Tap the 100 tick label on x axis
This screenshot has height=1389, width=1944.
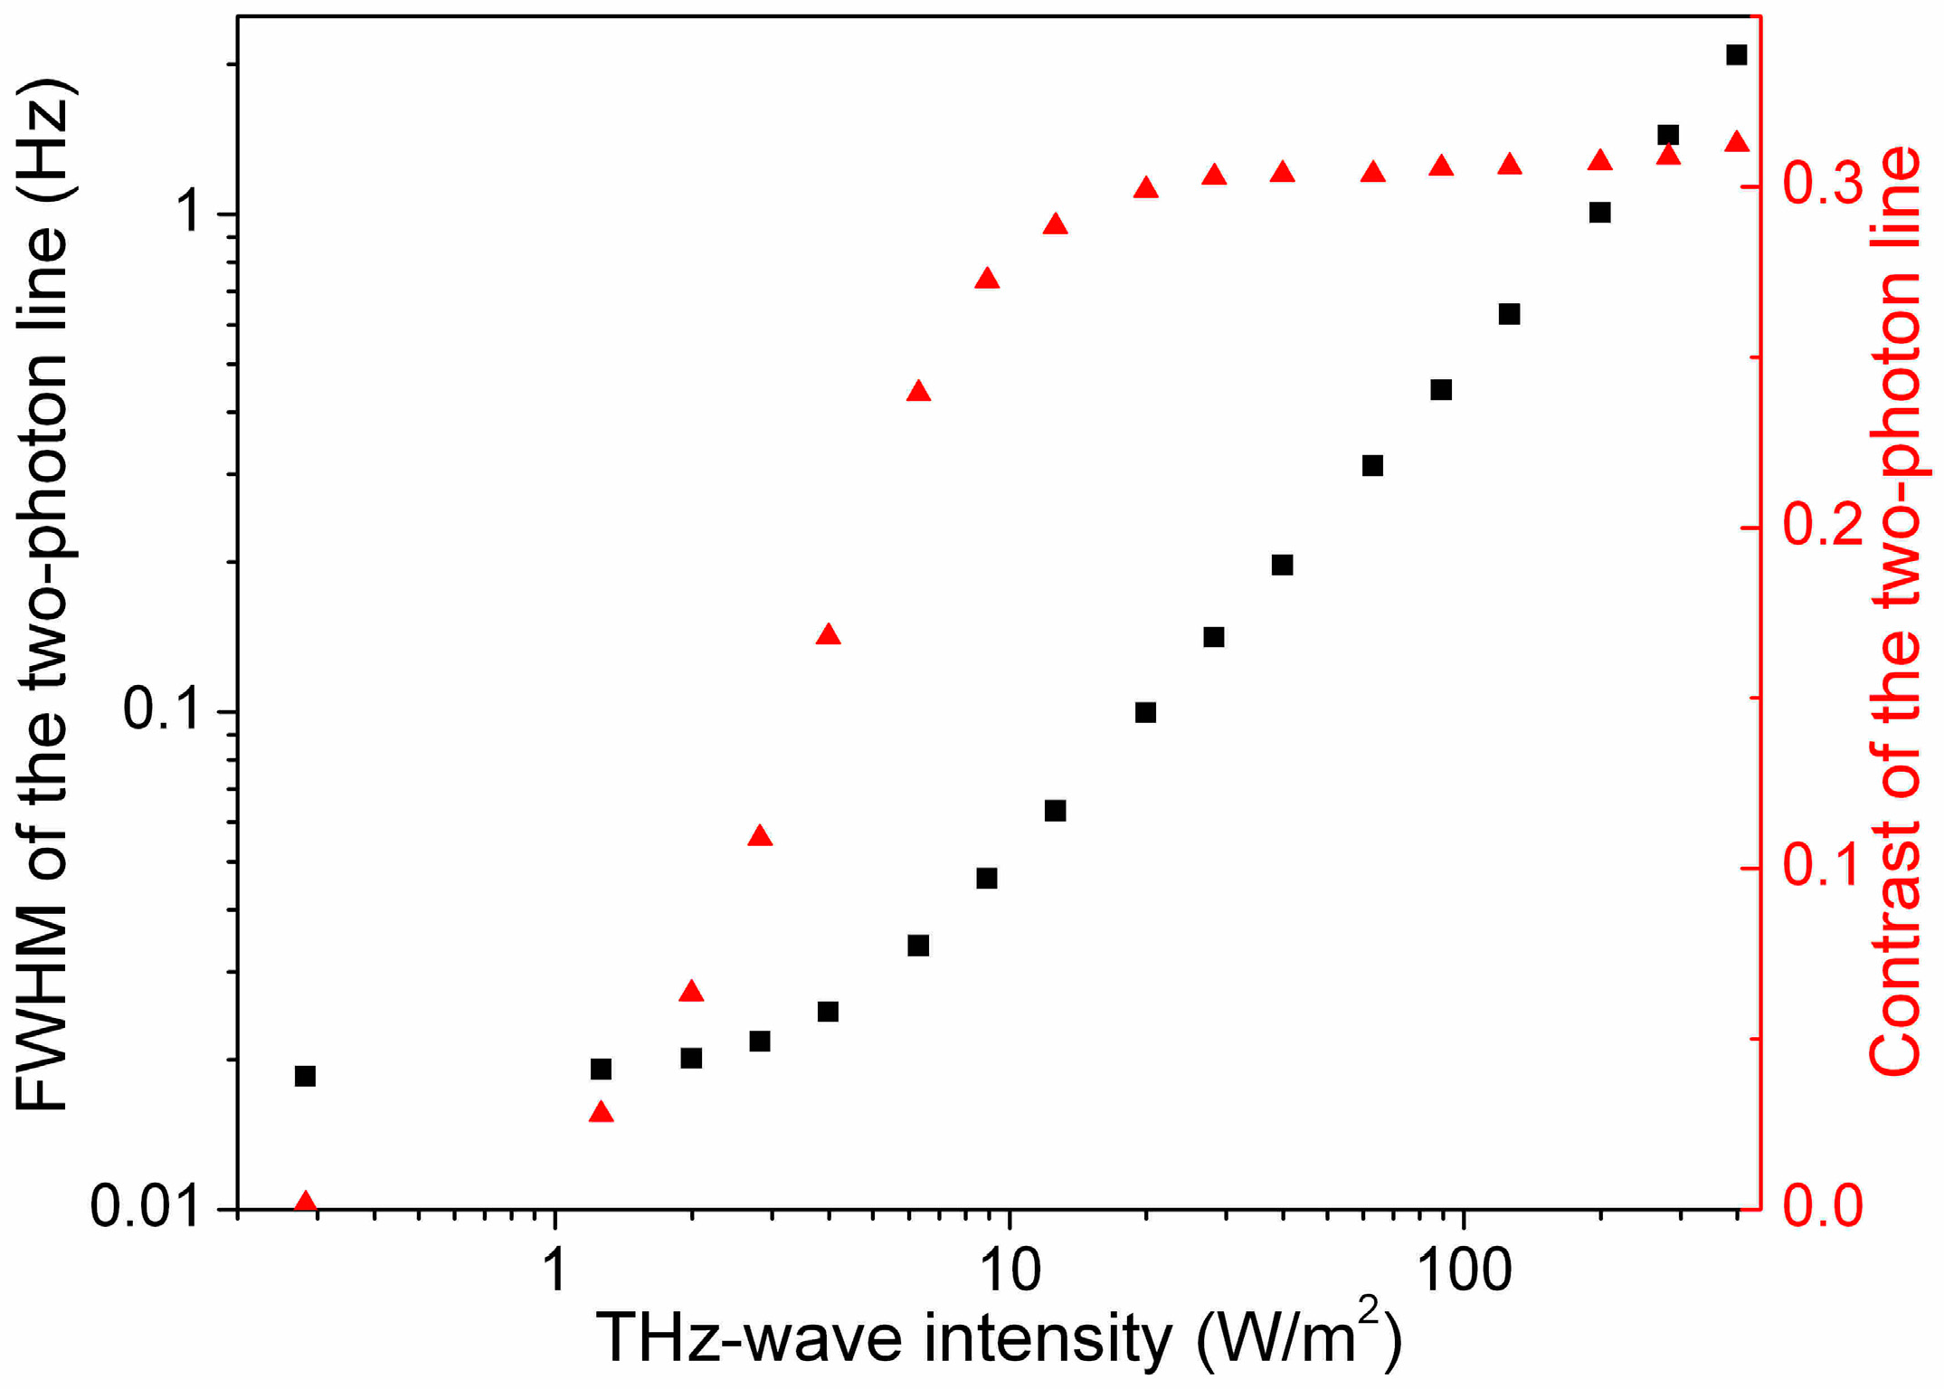click(x=1462, y=1270)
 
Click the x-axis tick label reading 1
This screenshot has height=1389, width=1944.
click(x=554, y=1270)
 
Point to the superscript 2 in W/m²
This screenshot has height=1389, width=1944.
click(x=1369, y=1309)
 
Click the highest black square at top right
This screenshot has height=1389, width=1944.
click(x=1736, y=55)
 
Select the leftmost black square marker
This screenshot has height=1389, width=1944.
click(x=305, y=1076)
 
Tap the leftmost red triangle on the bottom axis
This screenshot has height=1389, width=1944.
click(x=306, y=1202)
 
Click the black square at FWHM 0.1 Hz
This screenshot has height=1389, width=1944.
click(x=1145, y=712)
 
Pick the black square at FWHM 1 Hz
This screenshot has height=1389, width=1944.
click(x=1599, y=213)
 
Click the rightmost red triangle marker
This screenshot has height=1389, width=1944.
click(x=1736, y=143)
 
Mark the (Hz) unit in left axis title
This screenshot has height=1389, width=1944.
click(x=43, y=136)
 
